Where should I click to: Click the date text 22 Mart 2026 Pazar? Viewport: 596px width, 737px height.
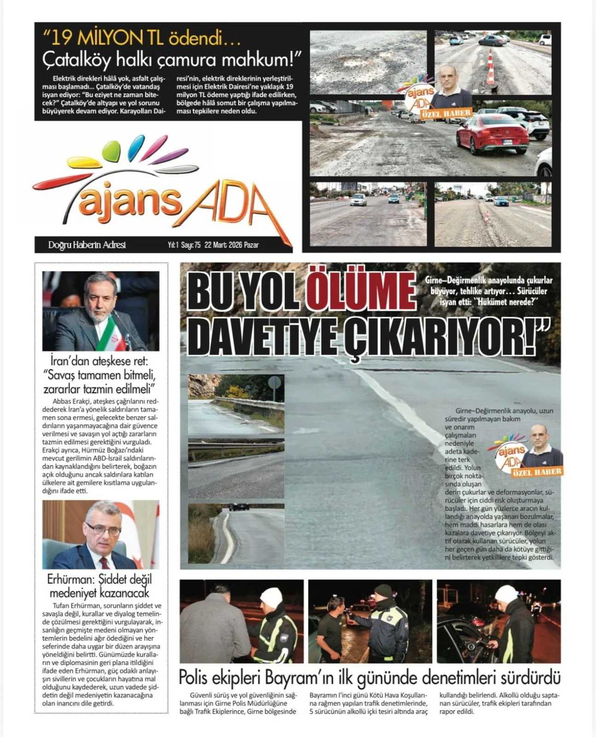click(231, 245)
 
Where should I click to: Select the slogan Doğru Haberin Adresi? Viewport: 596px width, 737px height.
click(87, 245)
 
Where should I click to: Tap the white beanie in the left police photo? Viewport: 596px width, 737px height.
click(271, 597)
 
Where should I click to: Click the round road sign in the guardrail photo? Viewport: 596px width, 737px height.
click(275, 383)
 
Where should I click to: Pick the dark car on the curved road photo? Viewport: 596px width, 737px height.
click(239, 506)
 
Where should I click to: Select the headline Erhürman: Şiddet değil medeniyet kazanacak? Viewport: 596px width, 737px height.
click(99, 585)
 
